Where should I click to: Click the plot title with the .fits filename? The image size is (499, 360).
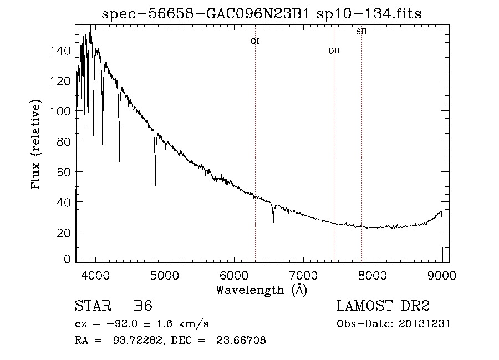pos(262,14)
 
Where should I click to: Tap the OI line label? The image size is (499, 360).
pos(255,41)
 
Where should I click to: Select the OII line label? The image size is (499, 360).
pos(334,50)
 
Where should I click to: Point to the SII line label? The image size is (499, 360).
pos(361,32)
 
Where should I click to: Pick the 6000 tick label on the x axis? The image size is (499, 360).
pos(233,276)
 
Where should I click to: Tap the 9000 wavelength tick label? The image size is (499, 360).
pos(441,276)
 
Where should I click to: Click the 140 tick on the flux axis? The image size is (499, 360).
pos(63,51)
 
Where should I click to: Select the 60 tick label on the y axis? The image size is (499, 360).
pos(65,172)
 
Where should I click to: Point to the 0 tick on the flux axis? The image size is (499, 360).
pos(68,259)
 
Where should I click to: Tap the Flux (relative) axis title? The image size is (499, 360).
pos(37,145)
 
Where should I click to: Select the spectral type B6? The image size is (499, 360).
pos(142,306)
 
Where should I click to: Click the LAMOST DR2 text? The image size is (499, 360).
pos(383,306)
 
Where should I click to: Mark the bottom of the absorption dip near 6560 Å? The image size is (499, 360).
pos(273,222)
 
